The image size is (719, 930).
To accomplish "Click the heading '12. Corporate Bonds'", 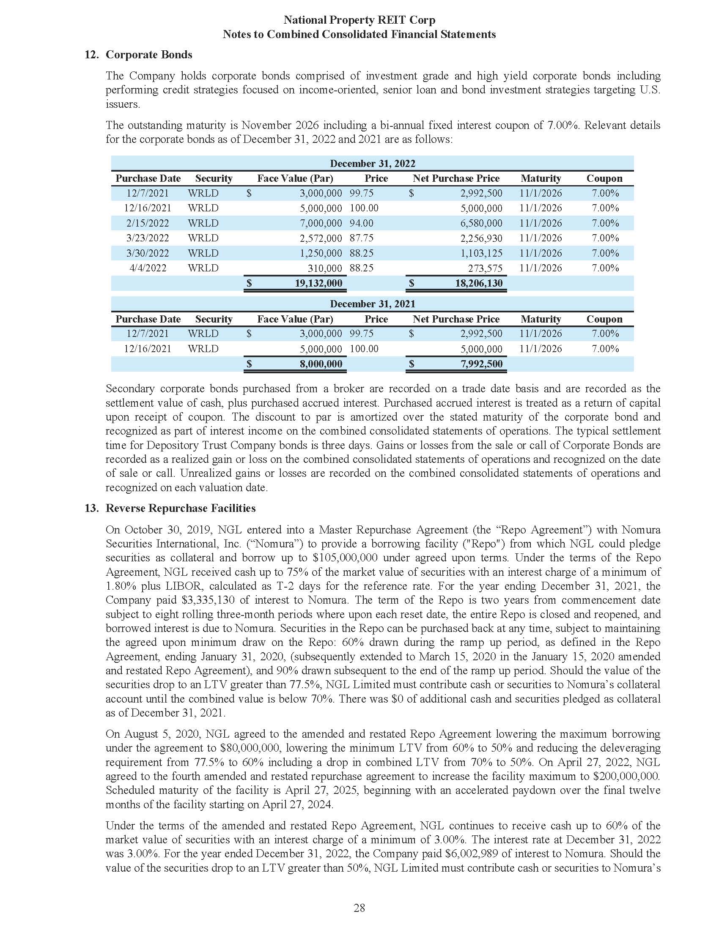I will [x=138, y=55].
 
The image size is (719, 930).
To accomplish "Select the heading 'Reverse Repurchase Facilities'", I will [x=181, y=508].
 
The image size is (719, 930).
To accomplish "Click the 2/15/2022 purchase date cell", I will [x=147, y=223].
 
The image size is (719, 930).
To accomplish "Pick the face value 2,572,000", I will [x=321, y=238].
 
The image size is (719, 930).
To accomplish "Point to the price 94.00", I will [x=362, y=223].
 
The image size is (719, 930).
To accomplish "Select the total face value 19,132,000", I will [x=318, y=283].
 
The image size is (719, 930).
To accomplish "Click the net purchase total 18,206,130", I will [x=479, y=283].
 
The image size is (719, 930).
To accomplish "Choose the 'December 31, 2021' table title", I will [x=372, y=304].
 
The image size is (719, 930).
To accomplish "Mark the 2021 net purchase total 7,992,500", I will [x=481, y=364].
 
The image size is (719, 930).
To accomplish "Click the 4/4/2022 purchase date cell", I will [x=147, y=268].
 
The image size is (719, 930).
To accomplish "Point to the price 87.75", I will [x=362, y=238].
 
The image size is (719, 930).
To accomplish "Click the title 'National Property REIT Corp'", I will [x=359, y=20].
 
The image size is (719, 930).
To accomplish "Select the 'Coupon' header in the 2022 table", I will [x=604, y=178].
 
